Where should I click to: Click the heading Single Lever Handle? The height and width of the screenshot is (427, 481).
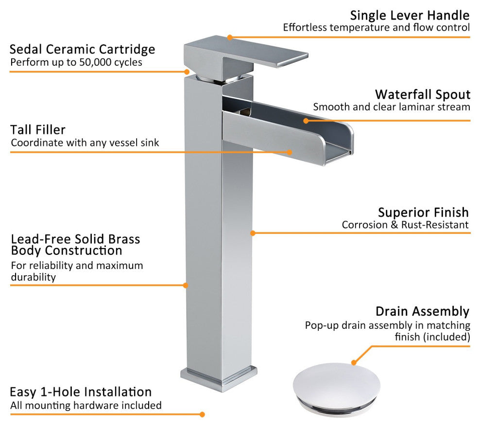pos(410,16)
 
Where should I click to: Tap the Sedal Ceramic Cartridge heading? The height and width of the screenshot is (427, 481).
pos(82,49)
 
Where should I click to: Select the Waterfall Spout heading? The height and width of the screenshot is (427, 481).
pos(423,94)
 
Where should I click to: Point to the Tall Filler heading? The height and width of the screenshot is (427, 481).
pos(38,129)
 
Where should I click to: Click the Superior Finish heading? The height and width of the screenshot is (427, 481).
pos(423,213)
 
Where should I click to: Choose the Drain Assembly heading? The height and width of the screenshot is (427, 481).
pos(422,312)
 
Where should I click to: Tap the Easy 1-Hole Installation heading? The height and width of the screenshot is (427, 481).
pos(81,392)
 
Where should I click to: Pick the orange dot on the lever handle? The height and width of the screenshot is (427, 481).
pos(230,37)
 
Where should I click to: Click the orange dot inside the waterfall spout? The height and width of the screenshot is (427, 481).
pos(306,121)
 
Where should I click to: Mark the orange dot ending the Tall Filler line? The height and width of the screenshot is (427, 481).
pos(289,152)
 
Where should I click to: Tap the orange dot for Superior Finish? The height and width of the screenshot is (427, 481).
pos(253,233)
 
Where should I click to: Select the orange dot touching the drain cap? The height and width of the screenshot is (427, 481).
pos(354,362)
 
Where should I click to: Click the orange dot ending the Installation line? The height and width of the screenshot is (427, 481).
pos(202,414)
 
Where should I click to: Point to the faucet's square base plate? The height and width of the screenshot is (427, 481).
pos(219,378)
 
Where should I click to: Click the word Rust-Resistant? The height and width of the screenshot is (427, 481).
pos(435,225)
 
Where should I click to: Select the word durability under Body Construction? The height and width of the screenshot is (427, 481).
pos(34,277)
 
